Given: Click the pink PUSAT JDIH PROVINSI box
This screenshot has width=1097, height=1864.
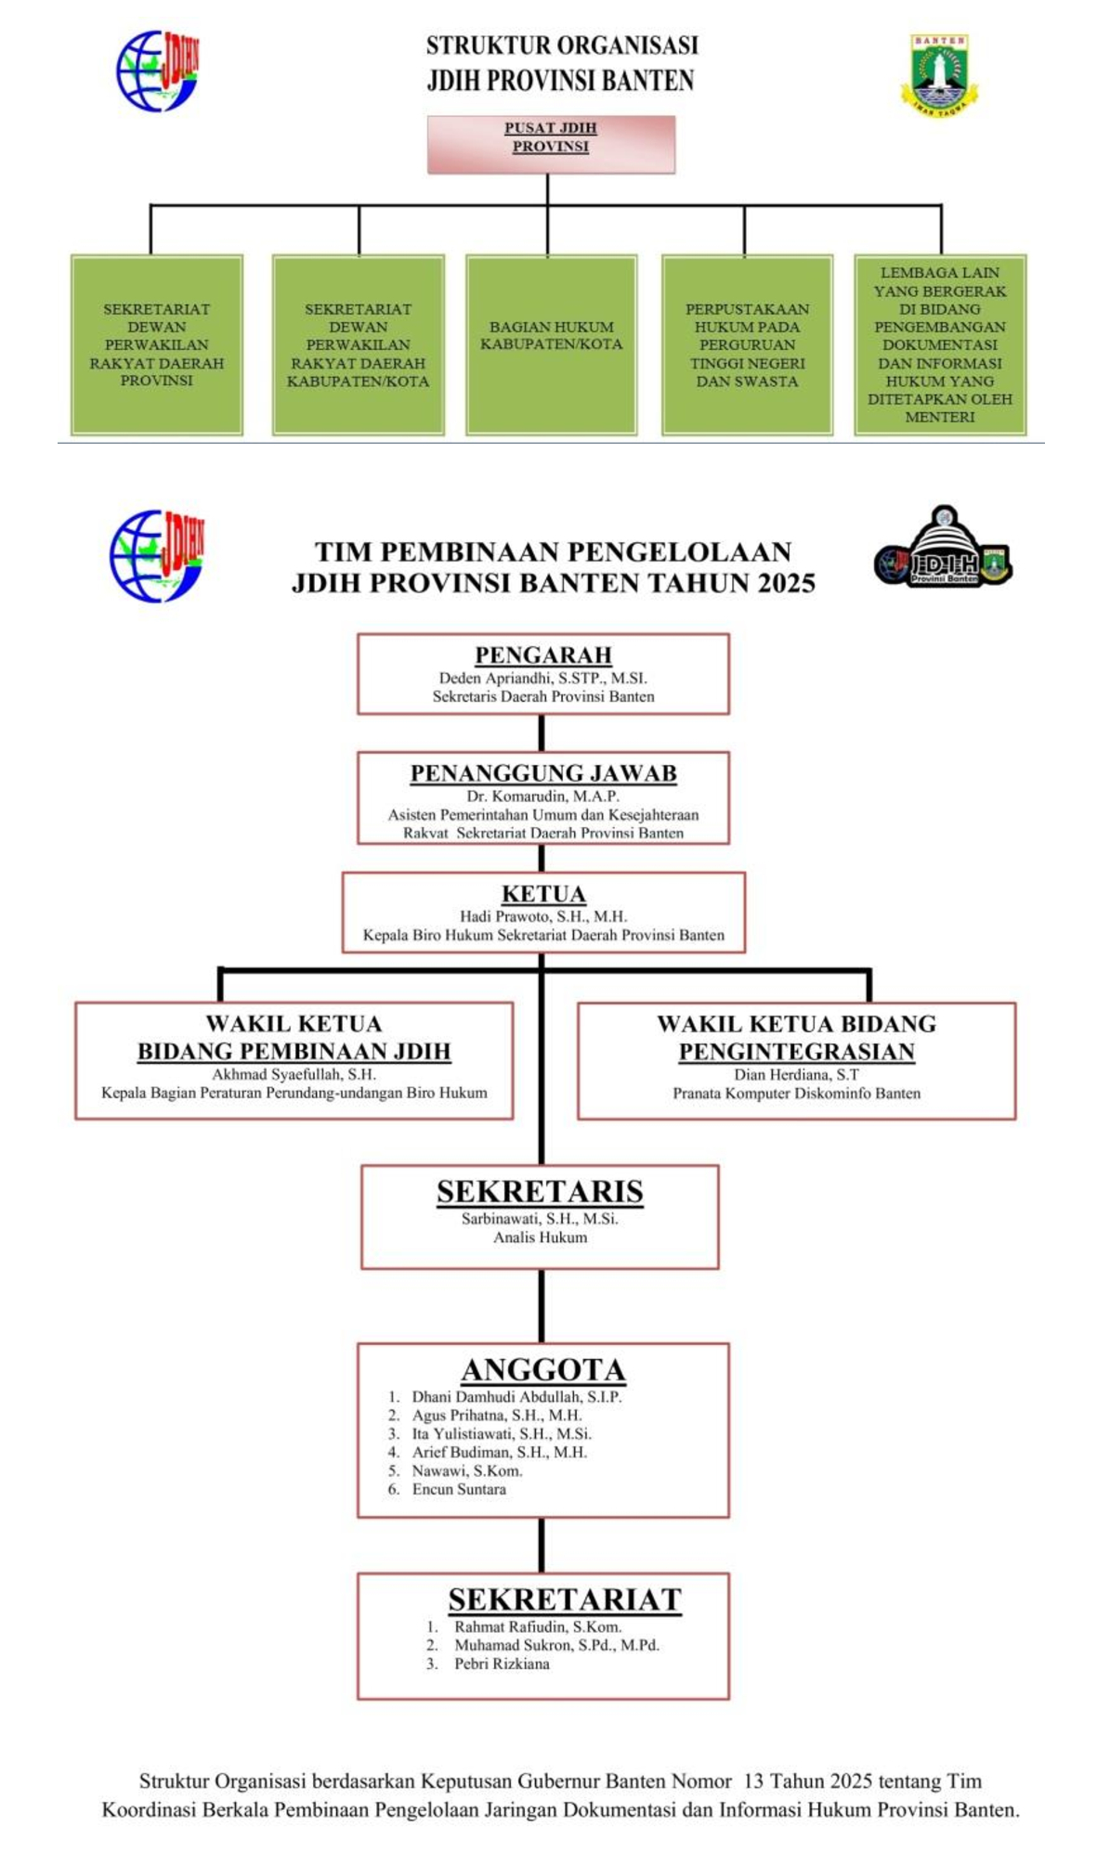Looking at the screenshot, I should coord(551,144).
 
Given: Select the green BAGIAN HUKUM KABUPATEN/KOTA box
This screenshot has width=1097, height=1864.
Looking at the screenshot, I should coord(551,344).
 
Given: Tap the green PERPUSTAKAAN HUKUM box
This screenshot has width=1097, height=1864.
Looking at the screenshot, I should coord(747,344).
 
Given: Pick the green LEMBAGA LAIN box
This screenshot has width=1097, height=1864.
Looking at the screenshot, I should coord(940,344).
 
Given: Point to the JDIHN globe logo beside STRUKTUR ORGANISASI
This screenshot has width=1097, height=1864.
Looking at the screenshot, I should coord(158,71).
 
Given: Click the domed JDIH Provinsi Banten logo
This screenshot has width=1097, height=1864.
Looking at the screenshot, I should coord(944,548).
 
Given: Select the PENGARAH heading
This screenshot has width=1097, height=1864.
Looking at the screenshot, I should coord(543,655).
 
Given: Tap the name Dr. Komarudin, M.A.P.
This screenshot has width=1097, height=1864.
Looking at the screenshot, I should coord(543,796).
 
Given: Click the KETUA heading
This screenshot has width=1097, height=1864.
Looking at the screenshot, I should coord(543,894).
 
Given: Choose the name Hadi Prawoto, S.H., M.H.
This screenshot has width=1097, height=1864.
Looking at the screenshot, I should coord(543,916).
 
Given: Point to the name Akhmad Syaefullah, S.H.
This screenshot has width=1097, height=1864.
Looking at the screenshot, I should coord(294,1074).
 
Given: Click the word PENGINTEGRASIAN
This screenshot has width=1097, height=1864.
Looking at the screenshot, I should coord(796,1052).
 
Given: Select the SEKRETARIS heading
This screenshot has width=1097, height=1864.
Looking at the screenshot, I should coord(540,1192).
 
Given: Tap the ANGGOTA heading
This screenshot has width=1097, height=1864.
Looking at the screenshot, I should coord(543,1370).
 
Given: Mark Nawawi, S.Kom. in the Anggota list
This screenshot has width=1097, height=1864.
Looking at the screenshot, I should coord(467,1470).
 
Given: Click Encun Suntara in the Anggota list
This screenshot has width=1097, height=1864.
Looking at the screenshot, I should coord(459,1489).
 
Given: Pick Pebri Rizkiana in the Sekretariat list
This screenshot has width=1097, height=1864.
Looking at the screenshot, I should coord(502,1663).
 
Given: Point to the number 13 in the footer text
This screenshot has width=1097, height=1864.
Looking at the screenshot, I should coord(753,1780).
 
